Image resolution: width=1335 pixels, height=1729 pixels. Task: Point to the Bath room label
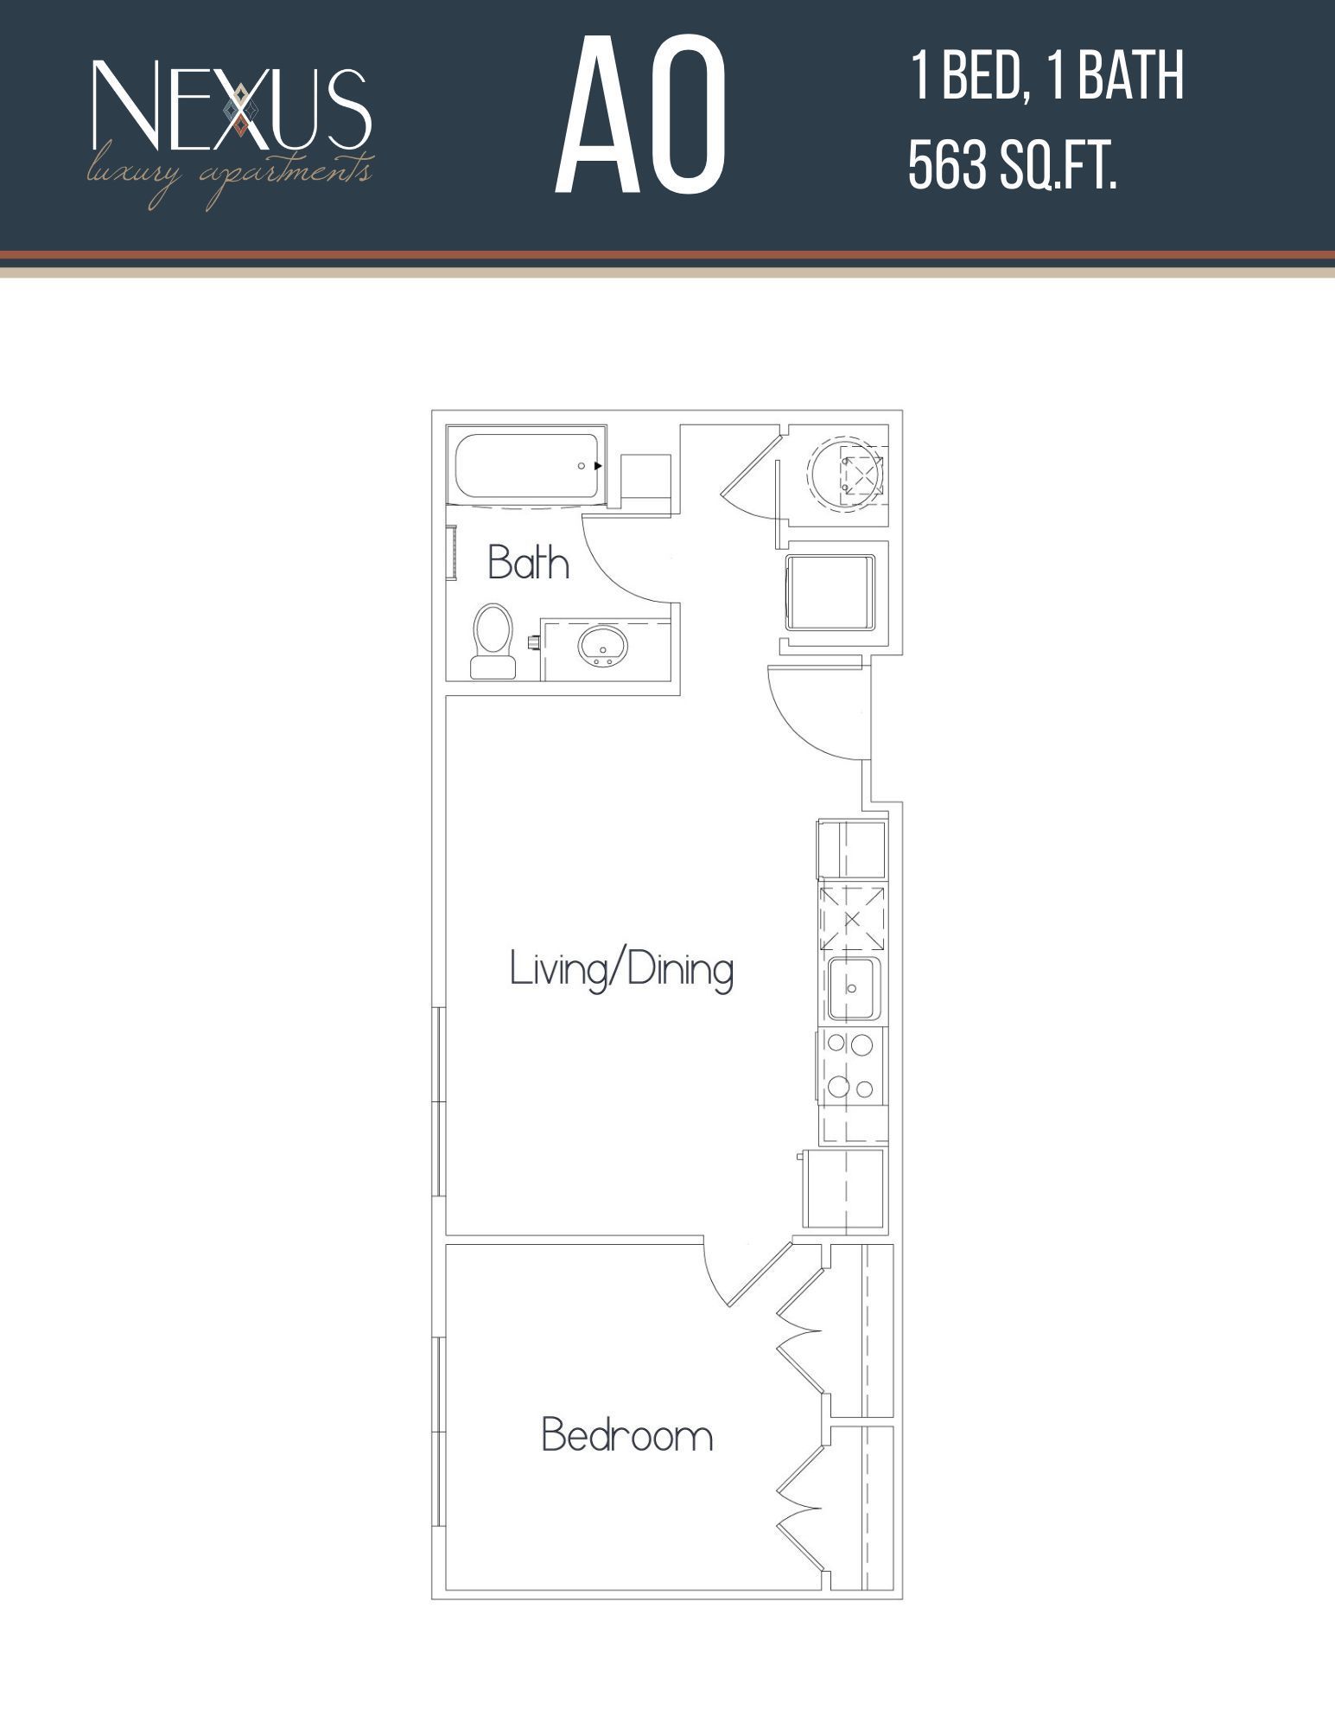(528, 563)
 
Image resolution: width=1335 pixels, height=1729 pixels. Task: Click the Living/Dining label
(621, 969)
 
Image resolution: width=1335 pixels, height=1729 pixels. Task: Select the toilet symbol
(493, 641)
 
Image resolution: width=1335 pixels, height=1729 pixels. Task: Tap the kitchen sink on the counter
(854, 987)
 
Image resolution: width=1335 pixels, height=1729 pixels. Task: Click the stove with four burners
(851, 1067)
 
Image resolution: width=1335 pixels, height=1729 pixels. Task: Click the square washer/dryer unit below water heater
(830, 593)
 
